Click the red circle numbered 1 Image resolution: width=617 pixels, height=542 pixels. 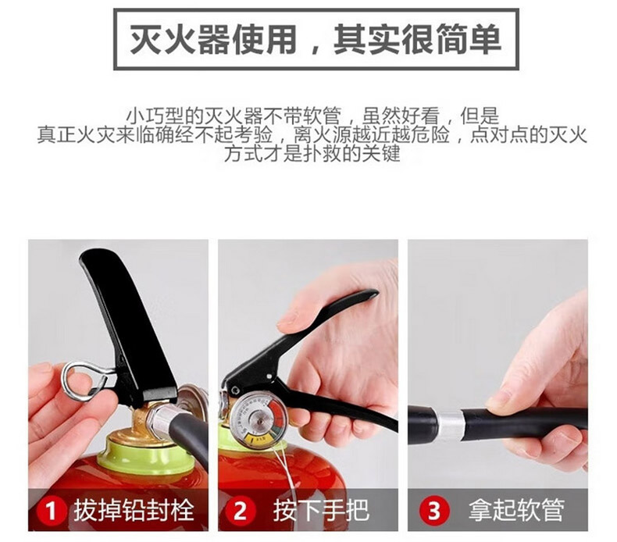[51, 511]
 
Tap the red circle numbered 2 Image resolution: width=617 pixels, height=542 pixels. [241, 511]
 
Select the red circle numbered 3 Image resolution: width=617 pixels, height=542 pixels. [434, 511]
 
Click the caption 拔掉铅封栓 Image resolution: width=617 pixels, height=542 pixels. [134, 511]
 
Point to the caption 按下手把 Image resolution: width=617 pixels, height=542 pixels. [322, 511]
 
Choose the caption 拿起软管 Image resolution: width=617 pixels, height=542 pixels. [516, 511]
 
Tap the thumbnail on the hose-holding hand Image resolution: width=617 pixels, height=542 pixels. [497, 399]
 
